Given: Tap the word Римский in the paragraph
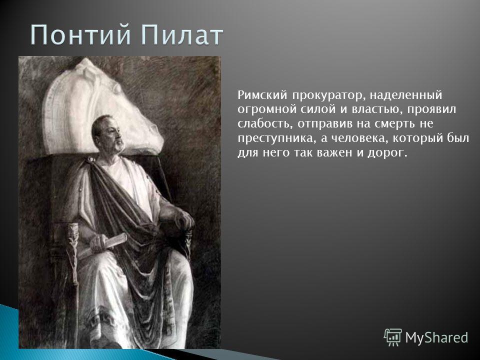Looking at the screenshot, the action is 261,95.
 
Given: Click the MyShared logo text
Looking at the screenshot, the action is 437,337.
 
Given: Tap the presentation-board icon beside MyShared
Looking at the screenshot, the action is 393,337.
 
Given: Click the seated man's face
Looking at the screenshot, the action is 114,134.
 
